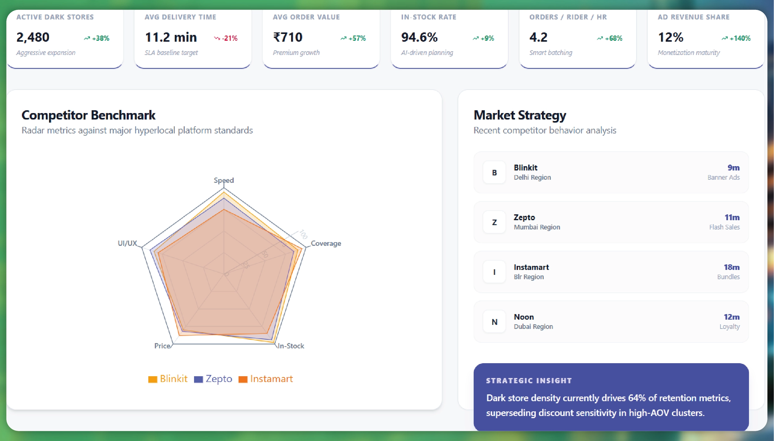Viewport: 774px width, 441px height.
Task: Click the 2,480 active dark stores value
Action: (x=33, y=37)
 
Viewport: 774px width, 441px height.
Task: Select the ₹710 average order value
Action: (x=288, y=37)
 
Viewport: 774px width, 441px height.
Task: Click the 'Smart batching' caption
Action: (x=551, y=52)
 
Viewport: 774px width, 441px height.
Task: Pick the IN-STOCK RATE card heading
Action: (x=429, y=17)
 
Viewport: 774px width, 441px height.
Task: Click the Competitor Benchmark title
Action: (x=88, y=115)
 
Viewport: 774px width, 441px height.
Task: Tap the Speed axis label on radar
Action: (x=224, y=180)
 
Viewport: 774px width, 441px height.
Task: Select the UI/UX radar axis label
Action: (x=127, y=243)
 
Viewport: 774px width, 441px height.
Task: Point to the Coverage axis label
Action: (x=326, y=243)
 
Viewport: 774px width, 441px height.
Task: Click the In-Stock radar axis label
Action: (x=291, y=346)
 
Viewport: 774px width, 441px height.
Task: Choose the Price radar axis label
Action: (x=162, y=346)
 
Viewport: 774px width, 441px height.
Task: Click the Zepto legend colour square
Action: (x=198, y=379)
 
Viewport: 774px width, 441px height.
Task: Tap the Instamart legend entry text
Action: (x=271, y=379)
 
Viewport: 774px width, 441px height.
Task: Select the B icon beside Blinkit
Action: (x=494, y=173)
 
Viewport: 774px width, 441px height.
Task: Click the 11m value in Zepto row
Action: (x=732, y=217)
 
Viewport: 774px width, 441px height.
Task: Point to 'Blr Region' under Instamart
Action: (x=528, y=277)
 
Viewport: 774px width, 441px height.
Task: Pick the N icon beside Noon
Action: (x=494, y=322)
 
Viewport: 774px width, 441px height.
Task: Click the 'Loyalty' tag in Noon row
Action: (x=729, y=326)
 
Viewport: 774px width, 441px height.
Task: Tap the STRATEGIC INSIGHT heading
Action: (x=529, y=380)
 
